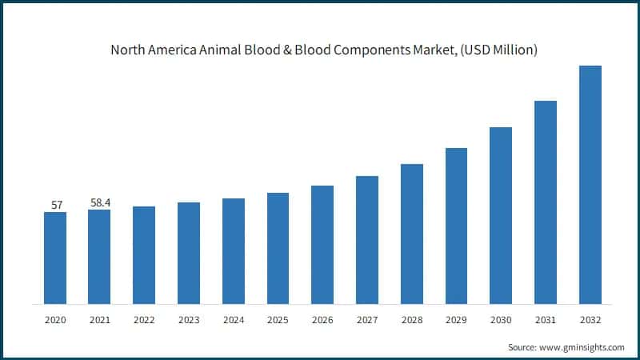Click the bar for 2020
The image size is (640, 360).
[55, 258]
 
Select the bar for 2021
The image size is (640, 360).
[99, 257]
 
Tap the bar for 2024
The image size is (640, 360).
[234, 251]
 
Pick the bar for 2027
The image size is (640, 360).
[367, 240]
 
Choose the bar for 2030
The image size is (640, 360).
[501, 215]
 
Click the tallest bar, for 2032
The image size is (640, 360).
[590, 185]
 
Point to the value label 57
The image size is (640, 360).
[57, 205]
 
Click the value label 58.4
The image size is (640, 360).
[100, 203]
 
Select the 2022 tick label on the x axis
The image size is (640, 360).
[144, 319]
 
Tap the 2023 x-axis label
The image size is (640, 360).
[189, 319]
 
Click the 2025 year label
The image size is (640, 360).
[278, 319]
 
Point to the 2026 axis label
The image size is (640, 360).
[322, 319]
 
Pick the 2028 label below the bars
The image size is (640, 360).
[412, 319]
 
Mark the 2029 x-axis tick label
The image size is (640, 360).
[457, 319]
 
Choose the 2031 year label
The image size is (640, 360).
[546, 319]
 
